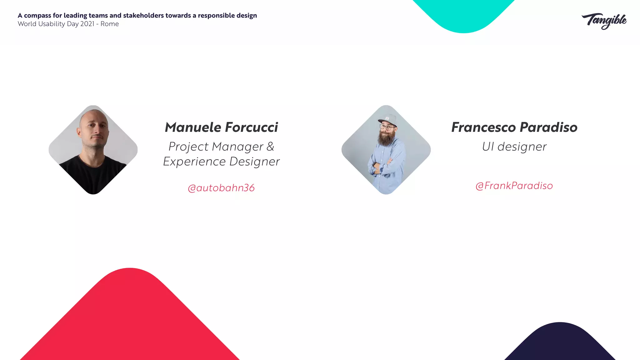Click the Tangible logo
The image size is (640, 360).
pyautogui.click(x=604, y=21)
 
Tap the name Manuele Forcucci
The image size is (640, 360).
pyautogui.click(x=221, y=127)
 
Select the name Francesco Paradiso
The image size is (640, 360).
pyautogui.click(x=514, y=127)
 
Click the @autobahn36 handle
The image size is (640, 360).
pyautogui.click(x=221, y=188)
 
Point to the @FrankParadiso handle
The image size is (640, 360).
pyautogui.click(x=514, y=186)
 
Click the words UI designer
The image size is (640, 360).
pyautogui.click(x=514, y=147)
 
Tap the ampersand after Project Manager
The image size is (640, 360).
pyautogui.click(x=270, y=147)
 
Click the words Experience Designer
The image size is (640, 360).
pyautogui.click(x=221, y=162)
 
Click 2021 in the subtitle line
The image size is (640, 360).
pyautogui.click(x=87, y=24)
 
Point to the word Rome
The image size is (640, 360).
pyautogui.click(x=109, y=24)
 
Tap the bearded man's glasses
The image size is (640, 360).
pyautogui.click(x=387, y=127)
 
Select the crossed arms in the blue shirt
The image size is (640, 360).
pyautogui.click(x=382, y=166)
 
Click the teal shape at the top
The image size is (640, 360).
pyautogui.click(x=464, y=14)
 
